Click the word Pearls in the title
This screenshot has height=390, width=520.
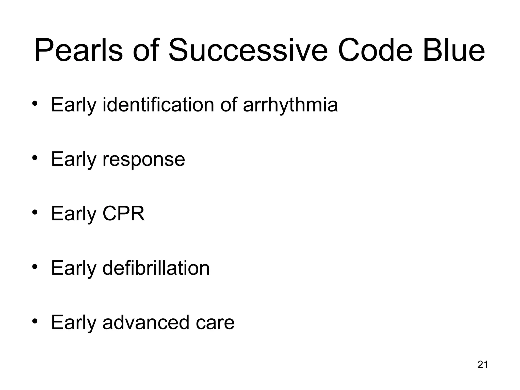coord(78,50)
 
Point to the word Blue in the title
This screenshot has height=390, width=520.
coord(454,50)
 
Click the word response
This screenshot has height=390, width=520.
coord(144,159)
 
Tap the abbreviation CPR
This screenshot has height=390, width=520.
coord(123,214)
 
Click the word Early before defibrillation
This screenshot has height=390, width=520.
coord(74,268)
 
